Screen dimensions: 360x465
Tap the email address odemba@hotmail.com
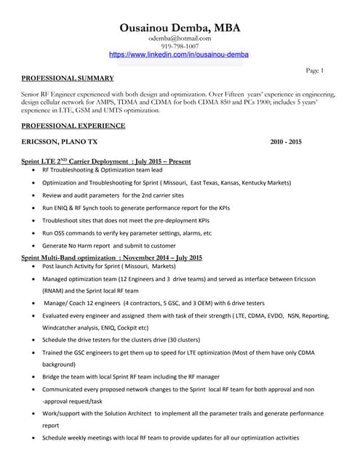[179, 38]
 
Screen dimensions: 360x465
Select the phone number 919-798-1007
[179, 46]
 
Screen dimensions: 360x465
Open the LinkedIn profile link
[179, 54]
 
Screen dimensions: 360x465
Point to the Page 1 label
[315, 70]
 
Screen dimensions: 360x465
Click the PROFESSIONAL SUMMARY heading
[68, 78]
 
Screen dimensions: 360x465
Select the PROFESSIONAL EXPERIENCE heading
[73, 126]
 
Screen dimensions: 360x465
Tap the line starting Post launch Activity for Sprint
[103, 267]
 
